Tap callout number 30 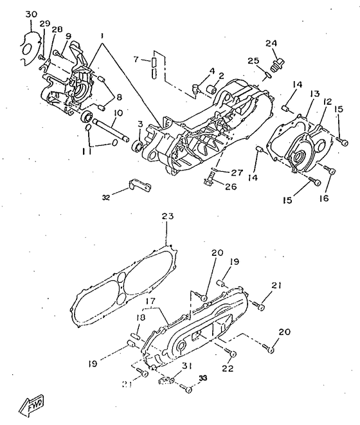click(x=32, y=14)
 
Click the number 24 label click(x=271, y=43)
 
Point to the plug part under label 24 click(x=277, y=65)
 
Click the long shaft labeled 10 click(x=111, y=130)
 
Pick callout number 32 click(x=105, y=197)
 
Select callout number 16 click(x=323, y=198)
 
